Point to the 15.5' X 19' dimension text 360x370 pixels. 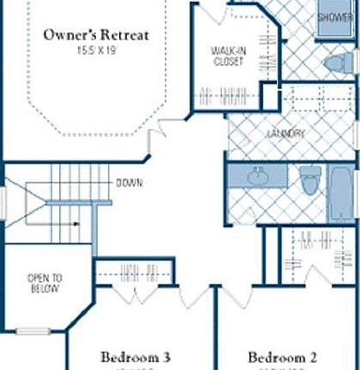(96, 51)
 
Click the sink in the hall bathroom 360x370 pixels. (256, 177)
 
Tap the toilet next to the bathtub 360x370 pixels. (308, 182)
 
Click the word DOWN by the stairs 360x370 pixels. (130, 183)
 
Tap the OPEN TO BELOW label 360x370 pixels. (43, 283)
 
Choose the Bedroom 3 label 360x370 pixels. (137, 356)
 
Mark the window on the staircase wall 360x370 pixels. (3, 205)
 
